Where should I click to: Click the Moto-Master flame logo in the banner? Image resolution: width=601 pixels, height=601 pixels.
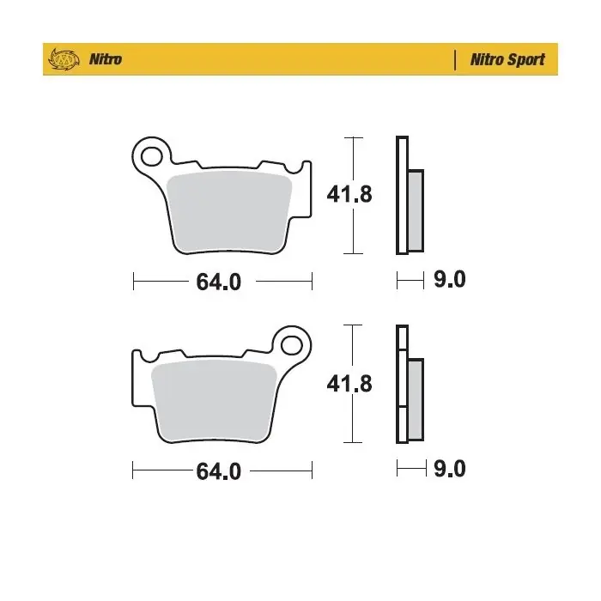(x=64, y=59)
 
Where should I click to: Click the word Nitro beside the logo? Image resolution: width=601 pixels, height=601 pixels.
(x=106, y=59)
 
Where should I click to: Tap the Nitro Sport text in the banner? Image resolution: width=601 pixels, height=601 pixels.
(x=507, y=60)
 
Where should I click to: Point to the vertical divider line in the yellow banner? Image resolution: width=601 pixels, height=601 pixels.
(x=455, y=60)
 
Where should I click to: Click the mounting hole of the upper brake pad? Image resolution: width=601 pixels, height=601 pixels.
(x=151, y=156)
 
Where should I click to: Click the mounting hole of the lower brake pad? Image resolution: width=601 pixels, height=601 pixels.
(x=292, y=345)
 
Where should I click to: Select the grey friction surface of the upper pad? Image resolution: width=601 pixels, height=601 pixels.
(x=229, y=211)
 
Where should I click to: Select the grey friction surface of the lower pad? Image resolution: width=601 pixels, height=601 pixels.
(x=214, y=401)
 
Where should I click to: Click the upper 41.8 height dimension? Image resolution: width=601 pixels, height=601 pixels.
(x=349, y=194)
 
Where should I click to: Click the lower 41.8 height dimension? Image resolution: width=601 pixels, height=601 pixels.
(x=349, y=384)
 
